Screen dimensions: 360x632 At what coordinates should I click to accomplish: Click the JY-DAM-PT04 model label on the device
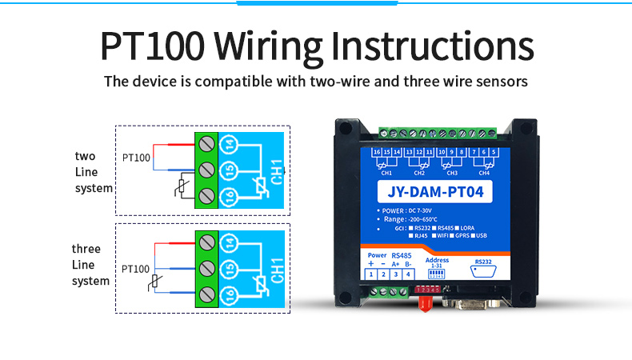(434, 193)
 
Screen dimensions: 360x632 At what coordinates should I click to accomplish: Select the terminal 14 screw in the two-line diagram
(206, 144)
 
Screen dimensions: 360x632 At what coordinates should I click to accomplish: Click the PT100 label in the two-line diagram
(136, 158)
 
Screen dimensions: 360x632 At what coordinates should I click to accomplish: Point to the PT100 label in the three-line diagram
(136, 270)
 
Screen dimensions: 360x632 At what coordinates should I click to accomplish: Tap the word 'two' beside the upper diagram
(85, 156)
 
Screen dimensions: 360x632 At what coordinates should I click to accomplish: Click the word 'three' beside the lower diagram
(86, 249)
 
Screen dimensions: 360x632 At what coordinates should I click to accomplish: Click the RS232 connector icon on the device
(483, 273)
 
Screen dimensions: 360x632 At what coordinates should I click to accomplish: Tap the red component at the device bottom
(425, 303)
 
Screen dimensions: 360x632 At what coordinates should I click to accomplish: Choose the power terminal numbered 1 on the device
(371, 274)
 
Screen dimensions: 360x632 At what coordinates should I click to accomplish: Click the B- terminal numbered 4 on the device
(409, 274)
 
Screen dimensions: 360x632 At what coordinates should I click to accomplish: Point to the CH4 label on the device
(483, 172)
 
